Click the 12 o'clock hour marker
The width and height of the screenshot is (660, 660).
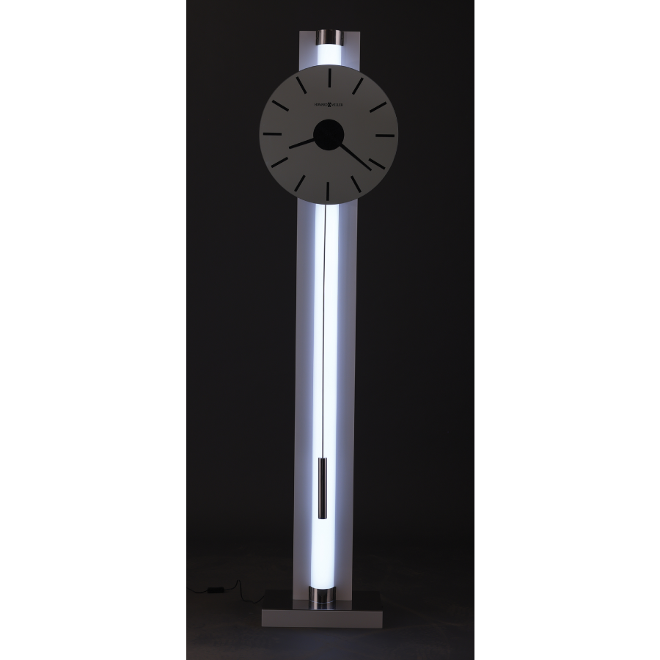coord(329,77)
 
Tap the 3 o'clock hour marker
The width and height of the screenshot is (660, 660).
coord(386,135)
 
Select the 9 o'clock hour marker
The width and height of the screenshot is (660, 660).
coord(271,135)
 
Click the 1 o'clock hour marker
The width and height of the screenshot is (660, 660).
coord(358,85)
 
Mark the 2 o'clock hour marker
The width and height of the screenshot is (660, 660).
coord(378,106)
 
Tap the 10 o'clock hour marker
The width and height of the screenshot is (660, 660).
coord(279,106)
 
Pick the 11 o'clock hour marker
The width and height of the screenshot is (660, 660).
coord(301,85)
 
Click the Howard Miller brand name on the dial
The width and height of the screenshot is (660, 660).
coord(329,105)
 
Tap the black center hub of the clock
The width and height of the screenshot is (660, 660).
coord(329,135)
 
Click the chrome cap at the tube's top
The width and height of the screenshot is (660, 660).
coord(329,37)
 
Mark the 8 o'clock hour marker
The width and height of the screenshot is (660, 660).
coord(280,164)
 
